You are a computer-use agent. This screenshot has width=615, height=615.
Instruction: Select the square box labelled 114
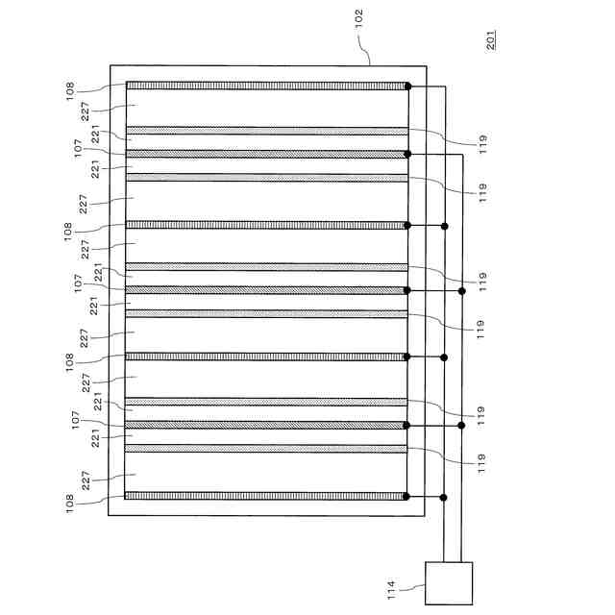click(x=449, y=583)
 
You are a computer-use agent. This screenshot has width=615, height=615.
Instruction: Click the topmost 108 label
click(x=71, y=91)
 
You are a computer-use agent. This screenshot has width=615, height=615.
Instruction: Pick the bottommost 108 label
click(x=71, y=502)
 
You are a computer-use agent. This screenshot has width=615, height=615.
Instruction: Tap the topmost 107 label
click(x=77, y=150)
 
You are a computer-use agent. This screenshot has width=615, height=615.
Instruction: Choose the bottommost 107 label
click(x=77, y=422)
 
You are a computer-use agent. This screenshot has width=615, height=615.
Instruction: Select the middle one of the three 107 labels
click(x=77, y=286)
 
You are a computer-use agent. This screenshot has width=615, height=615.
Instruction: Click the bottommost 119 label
click(x=483, y=462)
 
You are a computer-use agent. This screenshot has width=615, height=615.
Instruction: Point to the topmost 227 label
click(x=86, y=112)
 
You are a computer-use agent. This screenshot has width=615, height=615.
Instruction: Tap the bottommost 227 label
click(x=86, y=480)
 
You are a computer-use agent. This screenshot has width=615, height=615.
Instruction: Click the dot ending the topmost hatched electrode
click(x=407, y=86)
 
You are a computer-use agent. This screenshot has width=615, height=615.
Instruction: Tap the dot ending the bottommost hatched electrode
click(x=407, y=496)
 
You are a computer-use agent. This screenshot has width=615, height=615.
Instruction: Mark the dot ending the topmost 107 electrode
click(x=407, y=154)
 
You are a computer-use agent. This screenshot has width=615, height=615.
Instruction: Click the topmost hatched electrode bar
click(x=266, y=86)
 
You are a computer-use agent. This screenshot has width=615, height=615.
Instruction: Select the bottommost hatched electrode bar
click(x=266, y=496)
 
